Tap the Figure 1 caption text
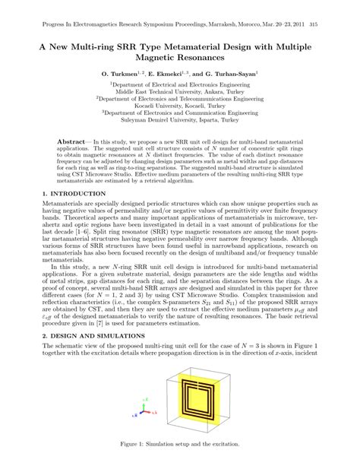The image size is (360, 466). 179,442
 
